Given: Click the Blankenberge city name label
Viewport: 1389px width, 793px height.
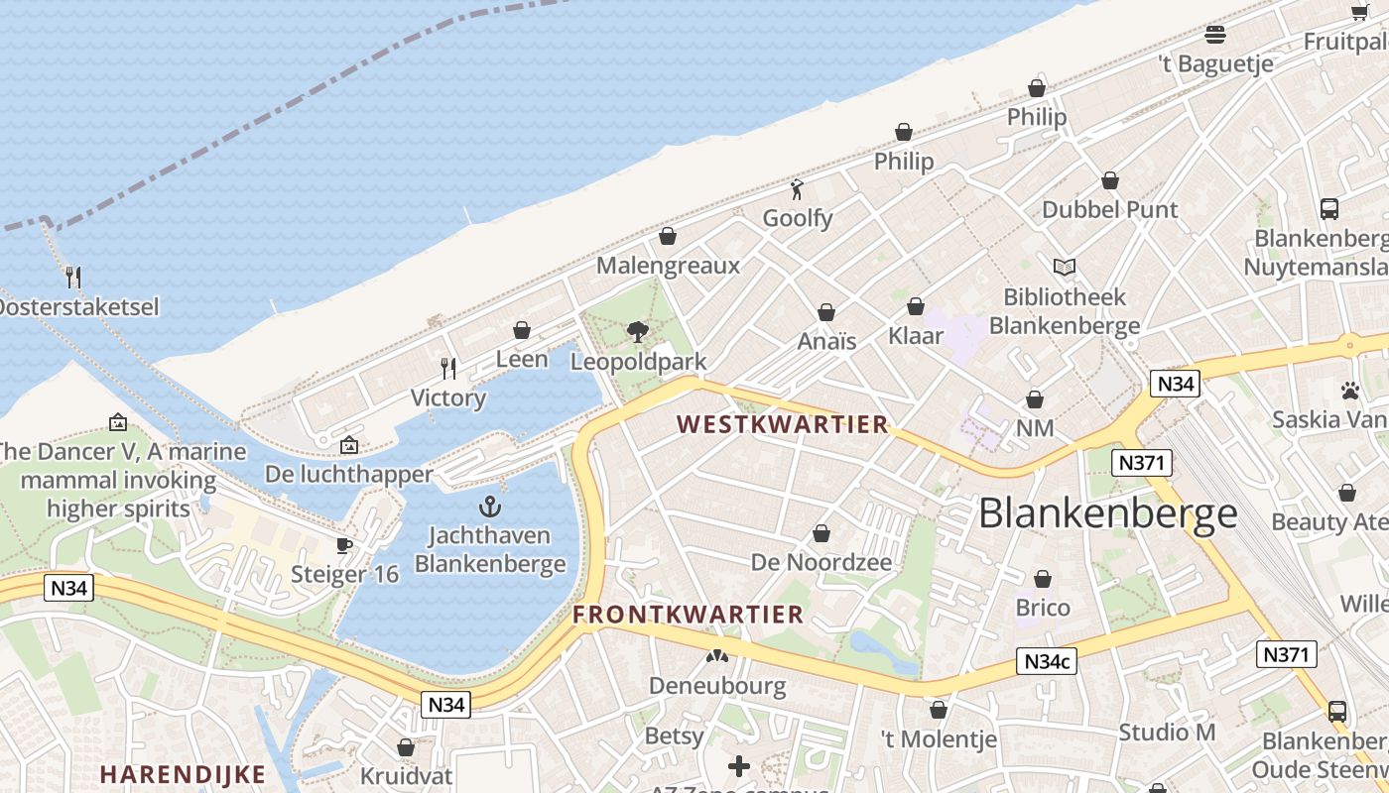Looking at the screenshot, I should click(1108, 513).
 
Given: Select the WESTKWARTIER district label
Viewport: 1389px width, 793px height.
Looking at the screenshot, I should click(782, 424).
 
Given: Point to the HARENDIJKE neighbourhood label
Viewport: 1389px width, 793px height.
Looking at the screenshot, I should click(183, 774).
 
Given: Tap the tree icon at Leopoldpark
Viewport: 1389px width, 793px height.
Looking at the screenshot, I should click(637, 332).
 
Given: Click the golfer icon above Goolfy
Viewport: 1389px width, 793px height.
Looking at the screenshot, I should click(797, 188).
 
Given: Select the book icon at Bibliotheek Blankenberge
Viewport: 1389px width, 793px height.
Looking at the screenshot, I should click(1065, 267).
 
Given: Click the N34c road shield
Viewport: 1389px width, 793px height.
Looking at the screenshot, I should click(1047, 661).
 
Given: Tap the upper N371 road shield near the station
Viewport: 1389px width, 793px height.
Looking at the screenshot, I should click(1143, 462).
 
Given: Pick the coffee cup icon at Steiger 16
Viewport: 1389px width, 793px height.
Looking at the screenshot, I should click(344, 545).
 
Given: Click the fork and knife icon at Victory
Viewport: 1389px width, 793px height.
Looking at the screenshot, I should click(448, 369).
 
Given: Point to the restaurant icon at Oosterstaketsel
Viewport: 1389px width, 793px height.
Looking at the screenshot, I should click(72, 277).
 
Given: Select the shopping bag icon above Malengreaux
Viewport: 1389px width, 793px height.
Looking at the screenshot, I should click(668, 236).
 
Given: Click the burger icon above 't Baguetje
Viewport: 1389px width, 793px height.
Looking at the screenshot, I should click(1215, 35).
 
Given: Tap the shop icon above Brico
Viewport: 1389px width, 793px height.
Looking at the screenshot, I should click(1043, 579).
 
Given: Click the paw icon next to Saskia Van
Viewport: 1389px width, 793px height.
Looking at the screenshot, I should click(1349, 391).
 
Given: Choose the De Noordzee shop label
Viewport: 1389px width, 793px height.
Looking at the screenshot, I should click(821, 562).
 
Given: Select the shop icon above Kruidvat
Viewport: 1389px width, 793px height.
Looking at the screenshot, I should click(405, 747).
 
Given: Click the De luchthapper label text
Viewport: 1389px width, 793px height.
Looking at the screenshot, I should click(349, 474).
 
